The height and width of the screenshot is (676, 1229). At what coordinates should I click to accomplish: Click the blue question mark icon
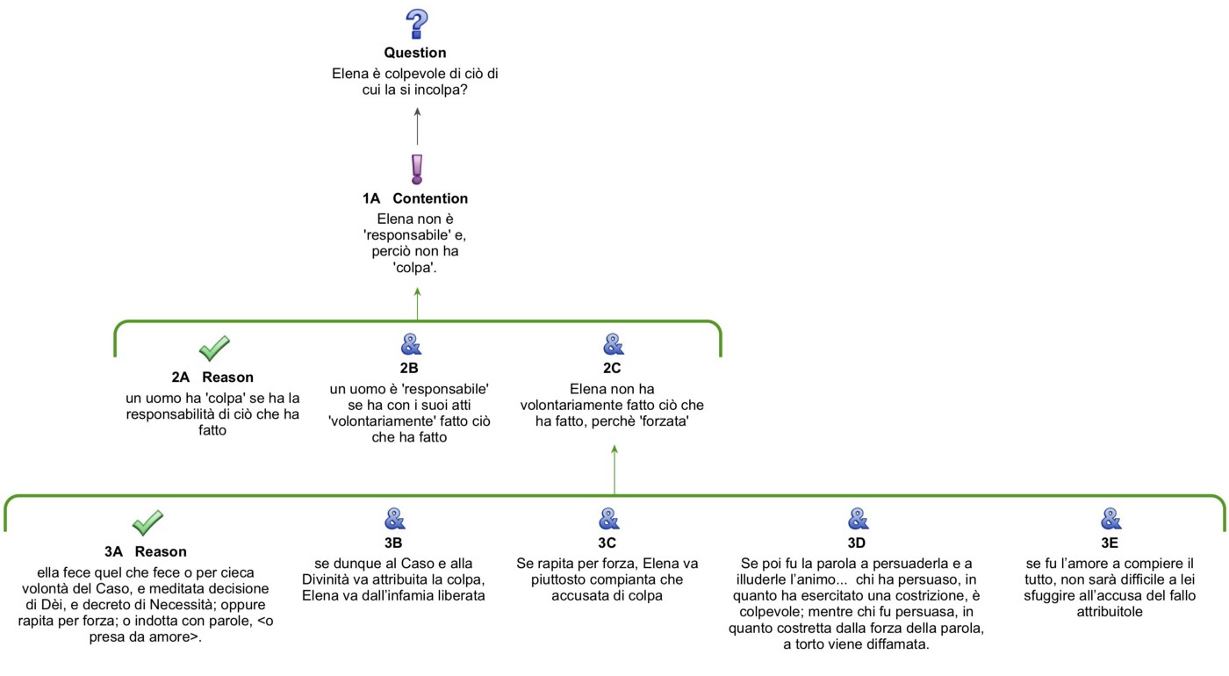[x=416, y=24]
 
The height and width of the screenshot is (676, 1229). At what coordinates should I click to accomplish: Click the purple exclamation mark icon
[x=416, y=169]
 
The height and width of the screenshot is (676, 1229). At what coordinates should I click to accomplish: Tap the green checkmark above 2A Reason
[x=213, y=348]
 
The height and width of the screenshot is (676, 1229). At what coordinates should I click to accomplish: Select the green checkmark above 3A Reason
[x=147, y=522]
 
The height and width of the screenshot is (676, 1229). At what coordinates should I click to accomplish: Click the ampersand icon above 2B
[x=410, y=344]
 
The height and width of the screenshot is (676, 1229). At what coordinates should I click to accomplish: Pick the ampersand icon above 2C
[x=613, y=344]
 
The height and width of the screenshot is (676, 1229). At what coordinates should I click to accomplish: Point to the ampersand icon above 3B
[x=394, y=519]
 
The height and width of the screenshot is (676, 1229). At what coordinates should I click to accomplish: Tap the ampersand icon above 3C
[x=609, y=519]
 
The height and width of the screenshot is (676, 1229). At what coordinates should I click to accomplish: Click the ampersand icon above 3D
[x=858, y=519]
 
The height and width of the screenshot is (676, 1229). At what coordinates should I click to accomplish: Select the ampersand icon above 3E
[x=1110, y=519]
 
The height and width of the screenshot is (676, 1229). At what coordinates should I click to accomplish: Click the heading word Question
[x=415, y=53]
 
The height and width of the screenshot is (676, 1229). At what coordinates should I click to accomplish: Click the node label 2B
[x=410, y=369]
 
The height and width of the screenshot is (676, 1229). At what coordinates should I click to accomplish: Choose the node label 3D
[x=858, y=543]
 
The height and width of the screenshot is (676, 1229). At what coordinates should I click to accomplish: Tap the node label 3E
[x=1110, y=543]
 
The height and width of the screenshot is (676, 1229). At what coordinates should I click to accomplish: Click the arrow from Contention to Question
[x=417, y=126]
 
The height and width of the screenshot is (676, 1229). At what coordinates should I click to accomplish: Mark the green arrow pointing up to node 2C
[x=614, y=471]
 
